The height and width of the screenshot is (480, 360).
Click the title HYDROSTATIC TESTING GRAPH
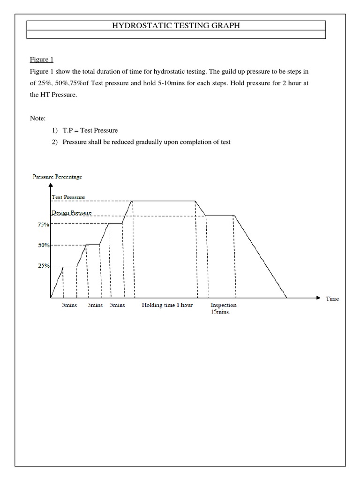(x=176, y=26)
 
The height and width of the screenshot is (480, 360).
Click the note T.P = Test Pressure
(x=90, y=130)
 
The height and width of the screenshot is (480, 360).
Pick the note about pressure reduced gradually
(x=147, y=142)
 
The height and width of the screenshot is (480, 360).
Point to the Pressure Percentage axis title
(x=57, y=177)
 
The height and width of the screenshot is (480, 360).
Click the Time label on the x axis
(x=332, y=299)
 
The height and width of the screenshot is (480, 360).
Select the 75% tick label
(x=44, y=225)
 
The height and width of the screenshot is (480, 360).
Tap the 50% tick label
(x=44, y=245)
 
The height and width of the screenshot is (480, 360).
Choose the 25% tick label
(x=44, y=266)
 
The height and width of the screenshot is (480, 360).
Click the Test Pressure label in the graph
(x=68, y=197)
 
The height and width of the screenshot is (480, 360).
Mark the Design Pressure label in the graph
(x=71, y=212)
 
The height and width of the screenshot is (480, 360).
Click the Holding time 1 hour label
(x=167, y=305)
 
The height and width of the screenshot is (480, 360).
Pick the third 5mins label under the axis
(x=117, y=305)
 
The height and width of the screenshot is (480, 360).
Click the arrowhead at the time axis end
(x=318, y=298)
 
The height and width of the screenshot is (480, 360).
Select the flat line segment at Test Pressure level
(x=164, y=201)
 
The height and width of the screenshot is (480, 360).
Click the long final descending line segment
(x=260, y=256)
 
